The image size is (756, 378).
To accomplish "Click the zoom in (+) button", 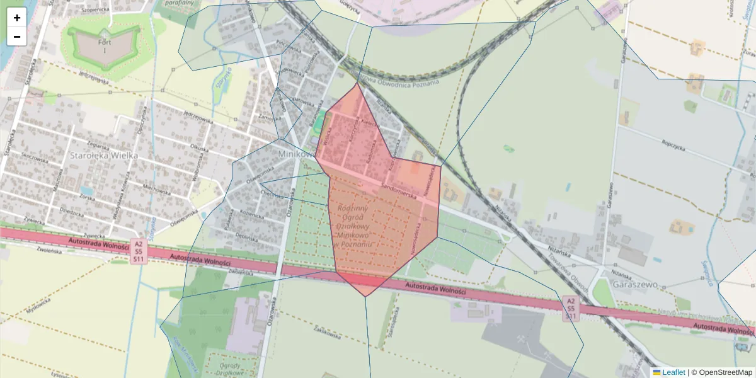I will (x=17, y=18).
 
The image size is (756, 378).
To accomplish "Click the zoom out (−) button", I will (x=17, y=37).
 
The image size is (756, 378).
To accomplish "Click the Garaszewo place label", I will (x=639, y=284).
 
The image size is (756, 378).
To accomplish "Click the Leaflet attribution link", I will (x=673, y=372).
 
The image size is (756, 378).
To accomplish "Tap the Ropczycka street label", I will (x=673, y=143).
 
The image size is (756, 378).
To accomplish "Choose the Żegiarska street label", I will (x=82, y=146).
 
